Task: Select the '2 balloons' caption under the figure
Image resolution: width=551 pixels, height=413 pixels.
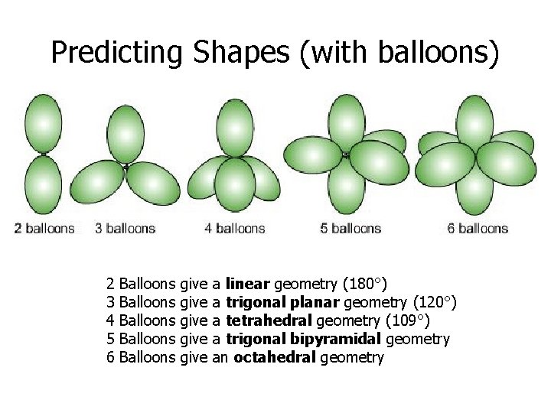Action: [x=45, y=228]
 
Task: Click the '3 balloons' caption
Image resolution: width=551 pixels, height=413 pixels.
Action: [x=126, y=228]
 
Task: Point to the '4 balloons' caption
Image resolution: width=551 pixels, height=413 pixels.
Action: [x=235, y=228]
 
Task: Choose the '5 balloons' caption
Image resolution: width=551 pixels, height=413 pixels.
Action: [x=350, y=228]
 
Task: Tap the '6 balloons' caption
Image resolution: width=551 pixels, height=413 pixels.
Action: [x=478, y=228]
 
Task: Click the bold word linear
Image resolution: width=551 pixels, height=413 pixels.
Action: [x=248, y=285]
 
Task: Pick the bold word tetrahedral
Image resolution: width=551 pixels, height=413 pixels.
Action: [x=269, y=321]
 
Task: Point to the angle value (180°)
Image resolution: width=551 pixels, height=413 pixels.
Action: [x=370, y=285]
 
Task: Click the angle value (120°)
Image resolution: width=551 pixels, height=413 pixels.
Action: [x=434, y=303]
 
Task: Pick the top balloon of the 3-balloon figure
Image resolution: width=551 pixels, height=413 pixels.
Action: [x=126, y=132]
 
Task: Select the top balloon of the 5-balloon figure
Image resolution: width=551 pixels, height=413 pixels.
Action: [x=346, y=122]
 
